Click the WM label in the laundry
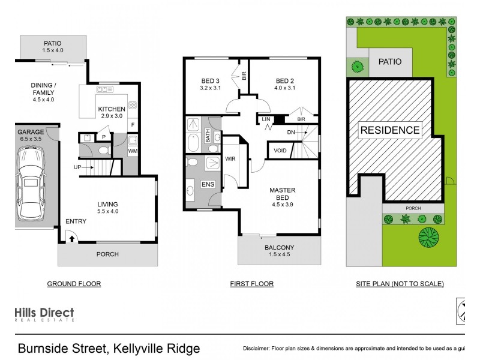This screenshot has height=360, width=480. point(132,151)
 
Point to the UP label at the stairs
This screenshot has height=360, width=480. point(77,166)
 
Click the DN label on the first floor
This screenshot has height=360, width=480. point(291,132)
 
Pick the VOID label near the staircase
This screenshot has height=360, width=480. point(280,151)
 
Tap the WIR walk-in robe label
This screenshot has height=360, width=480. point(230,159)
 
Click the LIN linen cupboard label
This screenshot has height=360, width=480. point(266,120)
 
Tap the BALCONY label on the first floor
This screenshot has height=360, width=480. point(279,247)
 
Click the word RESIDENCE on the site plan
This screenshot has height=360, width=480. point(389,130)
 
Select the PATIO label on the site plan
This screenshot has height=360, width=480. point(389,62)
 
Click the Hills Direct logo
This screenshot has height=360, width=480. point(44,314)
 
